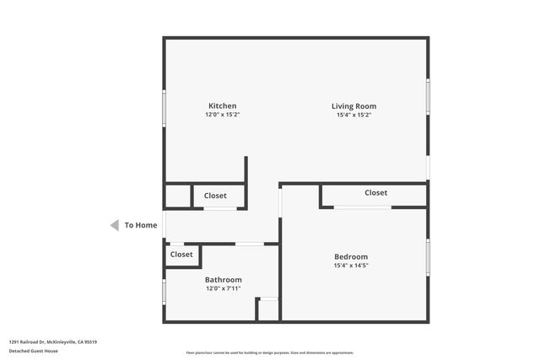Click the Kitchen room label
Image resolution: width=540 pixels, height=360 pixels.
click(x=217, y=106)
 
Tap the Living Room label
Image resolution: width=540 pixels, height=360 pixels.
click(x=354, y=106)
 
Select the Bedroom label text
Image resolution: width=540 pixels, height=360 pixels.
click(x=351, y=257)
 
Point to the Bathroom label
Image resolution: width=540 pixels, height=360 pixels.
click(x=224, y=280)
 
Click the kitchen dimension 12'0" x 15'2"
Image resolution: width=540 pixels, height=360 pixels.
click(x=217, y=115)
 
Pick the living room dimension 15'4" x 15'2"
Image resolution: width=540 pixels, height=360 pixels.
click(x=354, y=115)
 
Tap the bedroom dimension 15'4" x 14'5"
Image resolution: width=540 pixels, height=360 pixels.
click(x=351, y=266)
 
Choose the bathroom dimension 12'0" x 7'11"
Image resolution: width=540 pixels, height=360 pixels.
click(x=224, y=288)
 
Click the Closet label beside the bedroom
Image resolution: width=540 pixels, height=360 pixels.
click(x=376, y=193)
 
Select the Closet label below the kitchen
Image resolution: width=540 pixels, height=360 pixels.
click(x=215, y=196)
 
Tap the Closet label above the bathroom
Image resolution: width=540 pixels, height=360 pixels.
click(x=181, y=255)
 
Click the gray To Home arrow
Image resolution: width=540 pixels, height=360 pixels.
click(x=114, y=225)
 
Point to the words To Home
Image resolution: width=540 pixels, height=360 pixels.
click(x=141, y=225)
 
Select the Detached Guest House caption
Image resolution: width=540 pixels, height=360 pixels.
click(x=33, y=350)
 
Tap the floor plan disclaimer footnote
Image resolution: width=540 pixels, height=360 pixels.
click(x=270, y=352)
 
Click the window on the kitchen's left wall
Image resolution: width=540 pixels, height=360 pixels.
click(x=164, y=107)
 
